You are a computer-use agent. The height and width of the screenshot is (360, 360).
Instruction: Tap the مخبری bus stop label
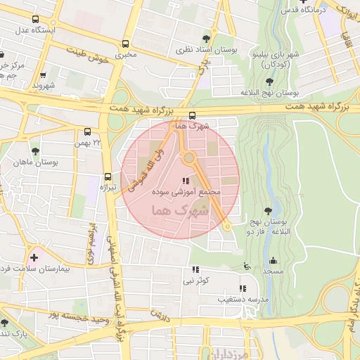(x=126, y=53)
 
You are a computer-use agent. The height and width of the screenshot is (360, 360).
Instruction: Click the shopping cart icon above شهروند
(x=44, y=75)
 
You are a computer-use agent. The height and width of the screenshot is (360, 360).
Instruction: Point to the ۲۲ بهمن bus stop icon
(x=87, y=131)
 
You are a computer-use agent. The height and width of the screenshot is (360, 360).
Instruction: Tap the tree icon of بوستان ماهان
(x=35, y=151)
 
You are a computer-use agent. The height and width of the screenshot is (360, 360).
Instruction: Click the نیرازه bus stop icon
(x=108, y=176)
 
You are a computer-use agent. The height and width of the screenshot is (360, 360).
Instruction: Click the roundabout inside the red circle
(x=188, y=157)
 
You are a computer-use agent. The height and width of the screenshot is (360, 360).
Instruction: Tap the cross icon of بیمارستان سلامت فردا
(x=34, y=257)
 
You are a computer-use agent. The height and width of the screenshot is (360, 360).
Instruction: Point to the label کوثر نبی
(x=195, y=281)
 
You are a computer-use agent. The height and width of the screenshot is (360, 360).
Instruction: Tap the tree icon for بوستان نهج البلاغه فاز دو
(x=267, y=210)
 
